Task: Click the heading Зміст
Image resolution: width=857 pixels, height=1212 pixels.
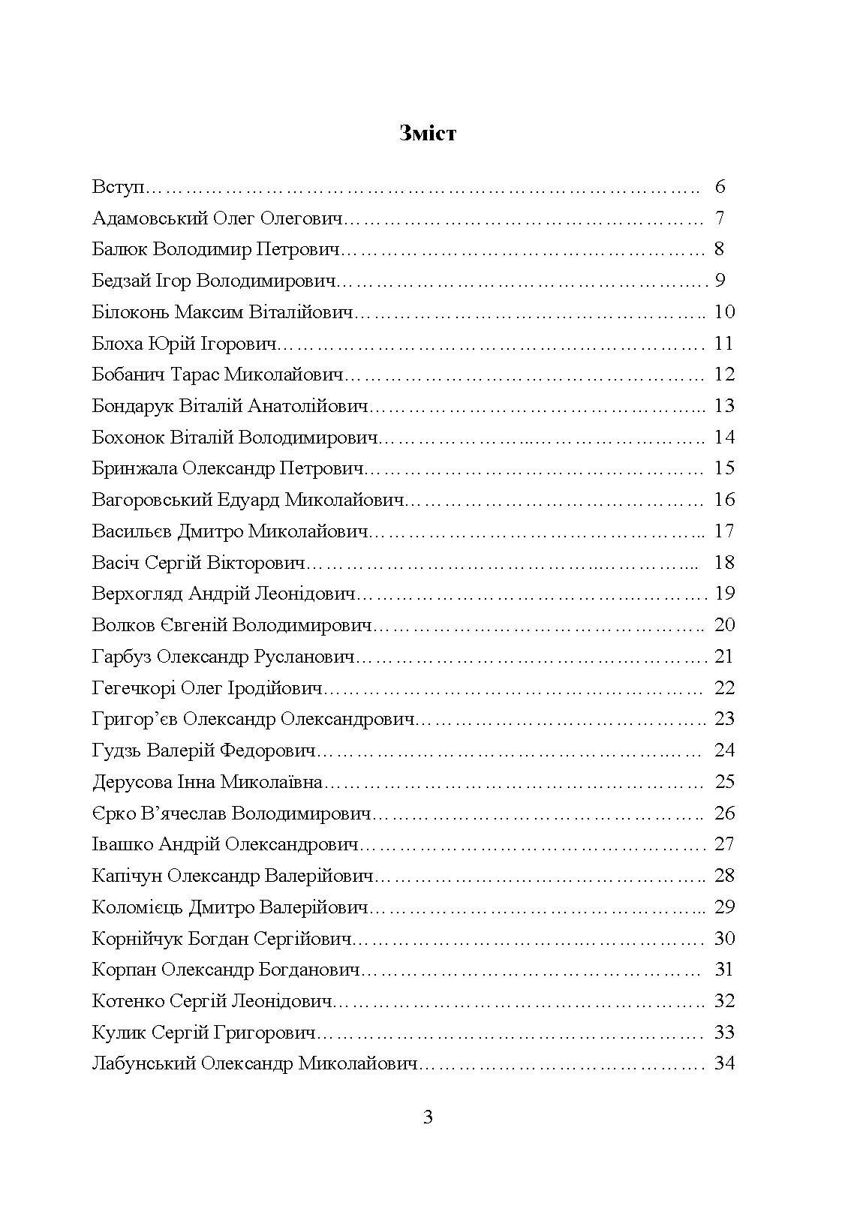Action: point(428,134)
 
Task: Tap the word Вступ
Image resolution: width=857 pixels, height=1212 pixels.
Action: point(118,187)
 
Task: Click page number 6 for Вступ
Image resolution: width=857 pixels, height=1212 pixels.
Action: point(720,187)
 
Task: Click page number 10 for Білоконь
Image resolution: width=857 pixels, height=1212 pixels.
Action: point(724,312)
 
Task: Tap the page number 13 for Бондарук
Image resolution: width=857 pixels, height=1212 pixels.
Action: point(724,406)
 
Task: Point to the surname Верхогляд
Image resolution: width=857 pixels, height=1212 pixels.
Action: point(137,594)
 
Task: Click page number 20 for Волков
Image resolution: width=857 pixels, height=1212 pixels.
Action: point(724,625)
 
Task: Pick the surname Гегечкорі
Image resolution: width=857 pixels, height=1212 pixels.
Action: point(134,688)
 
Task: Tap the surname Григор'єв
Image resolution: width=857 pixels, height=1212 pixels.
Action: point(134,719)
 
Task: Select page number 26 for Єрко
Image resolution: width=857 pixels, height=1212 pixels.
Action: point(724,814)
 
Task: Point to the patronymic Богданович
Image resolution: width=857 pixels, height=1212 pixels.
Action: point(309,970)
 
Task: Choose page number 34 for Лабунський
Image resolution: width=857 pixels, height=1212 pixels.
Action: point(724,1063)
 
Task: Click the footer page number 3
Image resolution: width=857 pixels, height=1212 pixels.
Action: point(428,1117)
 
